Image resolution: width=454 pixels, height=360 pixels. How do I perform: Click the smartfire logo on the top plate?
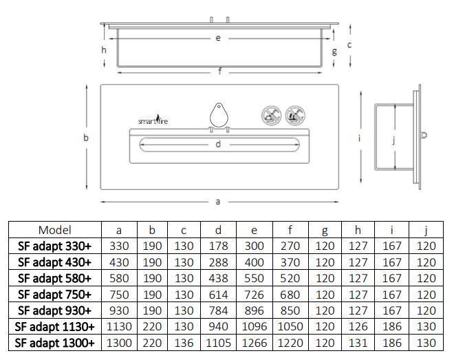point(153,120)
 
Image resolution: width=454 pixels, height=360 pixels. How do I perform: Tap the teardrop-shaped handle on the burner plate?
point(219,115)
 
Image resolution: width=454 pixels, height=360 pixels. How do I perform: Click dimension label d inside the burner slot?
point(218,144)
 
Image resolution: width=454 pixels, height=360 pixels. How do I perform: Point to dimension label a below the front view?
point(218,202)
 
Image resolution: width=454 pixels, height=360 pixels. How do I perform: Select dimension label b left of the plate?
point(86,138)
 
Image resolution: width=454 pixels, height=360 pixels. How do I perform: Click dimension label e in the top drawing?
point(218,38)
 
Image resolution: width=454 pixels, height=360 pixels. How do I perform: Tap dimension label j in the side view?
point(393,140)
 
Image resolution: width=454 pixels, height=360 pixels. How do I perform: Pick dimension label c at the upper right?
point(349,45)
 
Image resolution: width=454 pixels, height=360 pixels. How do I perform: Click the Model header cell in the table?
point(55,230)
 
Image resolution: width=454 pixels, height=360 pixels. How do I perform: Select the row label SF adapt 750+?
point(55,294)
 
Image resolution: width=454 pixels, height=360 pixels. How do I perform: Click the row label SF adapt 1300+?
point(55,343)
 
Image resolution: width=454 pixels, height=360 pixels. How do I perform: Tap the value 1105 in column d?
point(218,343)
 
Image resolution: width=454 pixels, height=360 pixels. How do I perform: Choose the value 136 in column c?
point(184,343)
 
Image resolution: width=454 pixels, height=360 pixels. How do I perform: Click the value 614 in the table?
point(218,295)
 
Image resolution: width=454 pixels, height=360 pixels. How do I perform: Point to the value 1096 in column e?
point(255,327)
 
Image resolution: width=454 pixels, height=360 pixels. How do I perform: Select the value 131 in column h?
point(358,343)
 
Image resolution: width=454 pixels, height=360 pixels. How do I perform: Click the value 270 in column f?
point(290,246)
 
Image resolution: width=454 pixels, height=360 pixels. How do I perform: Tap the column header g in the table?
point(325,231)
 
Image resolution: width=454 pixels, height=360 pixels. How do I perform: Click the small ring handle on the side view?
point(424,135)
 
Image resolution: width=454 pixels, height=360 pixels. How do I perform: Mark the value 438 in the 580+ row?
point(218,278)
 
